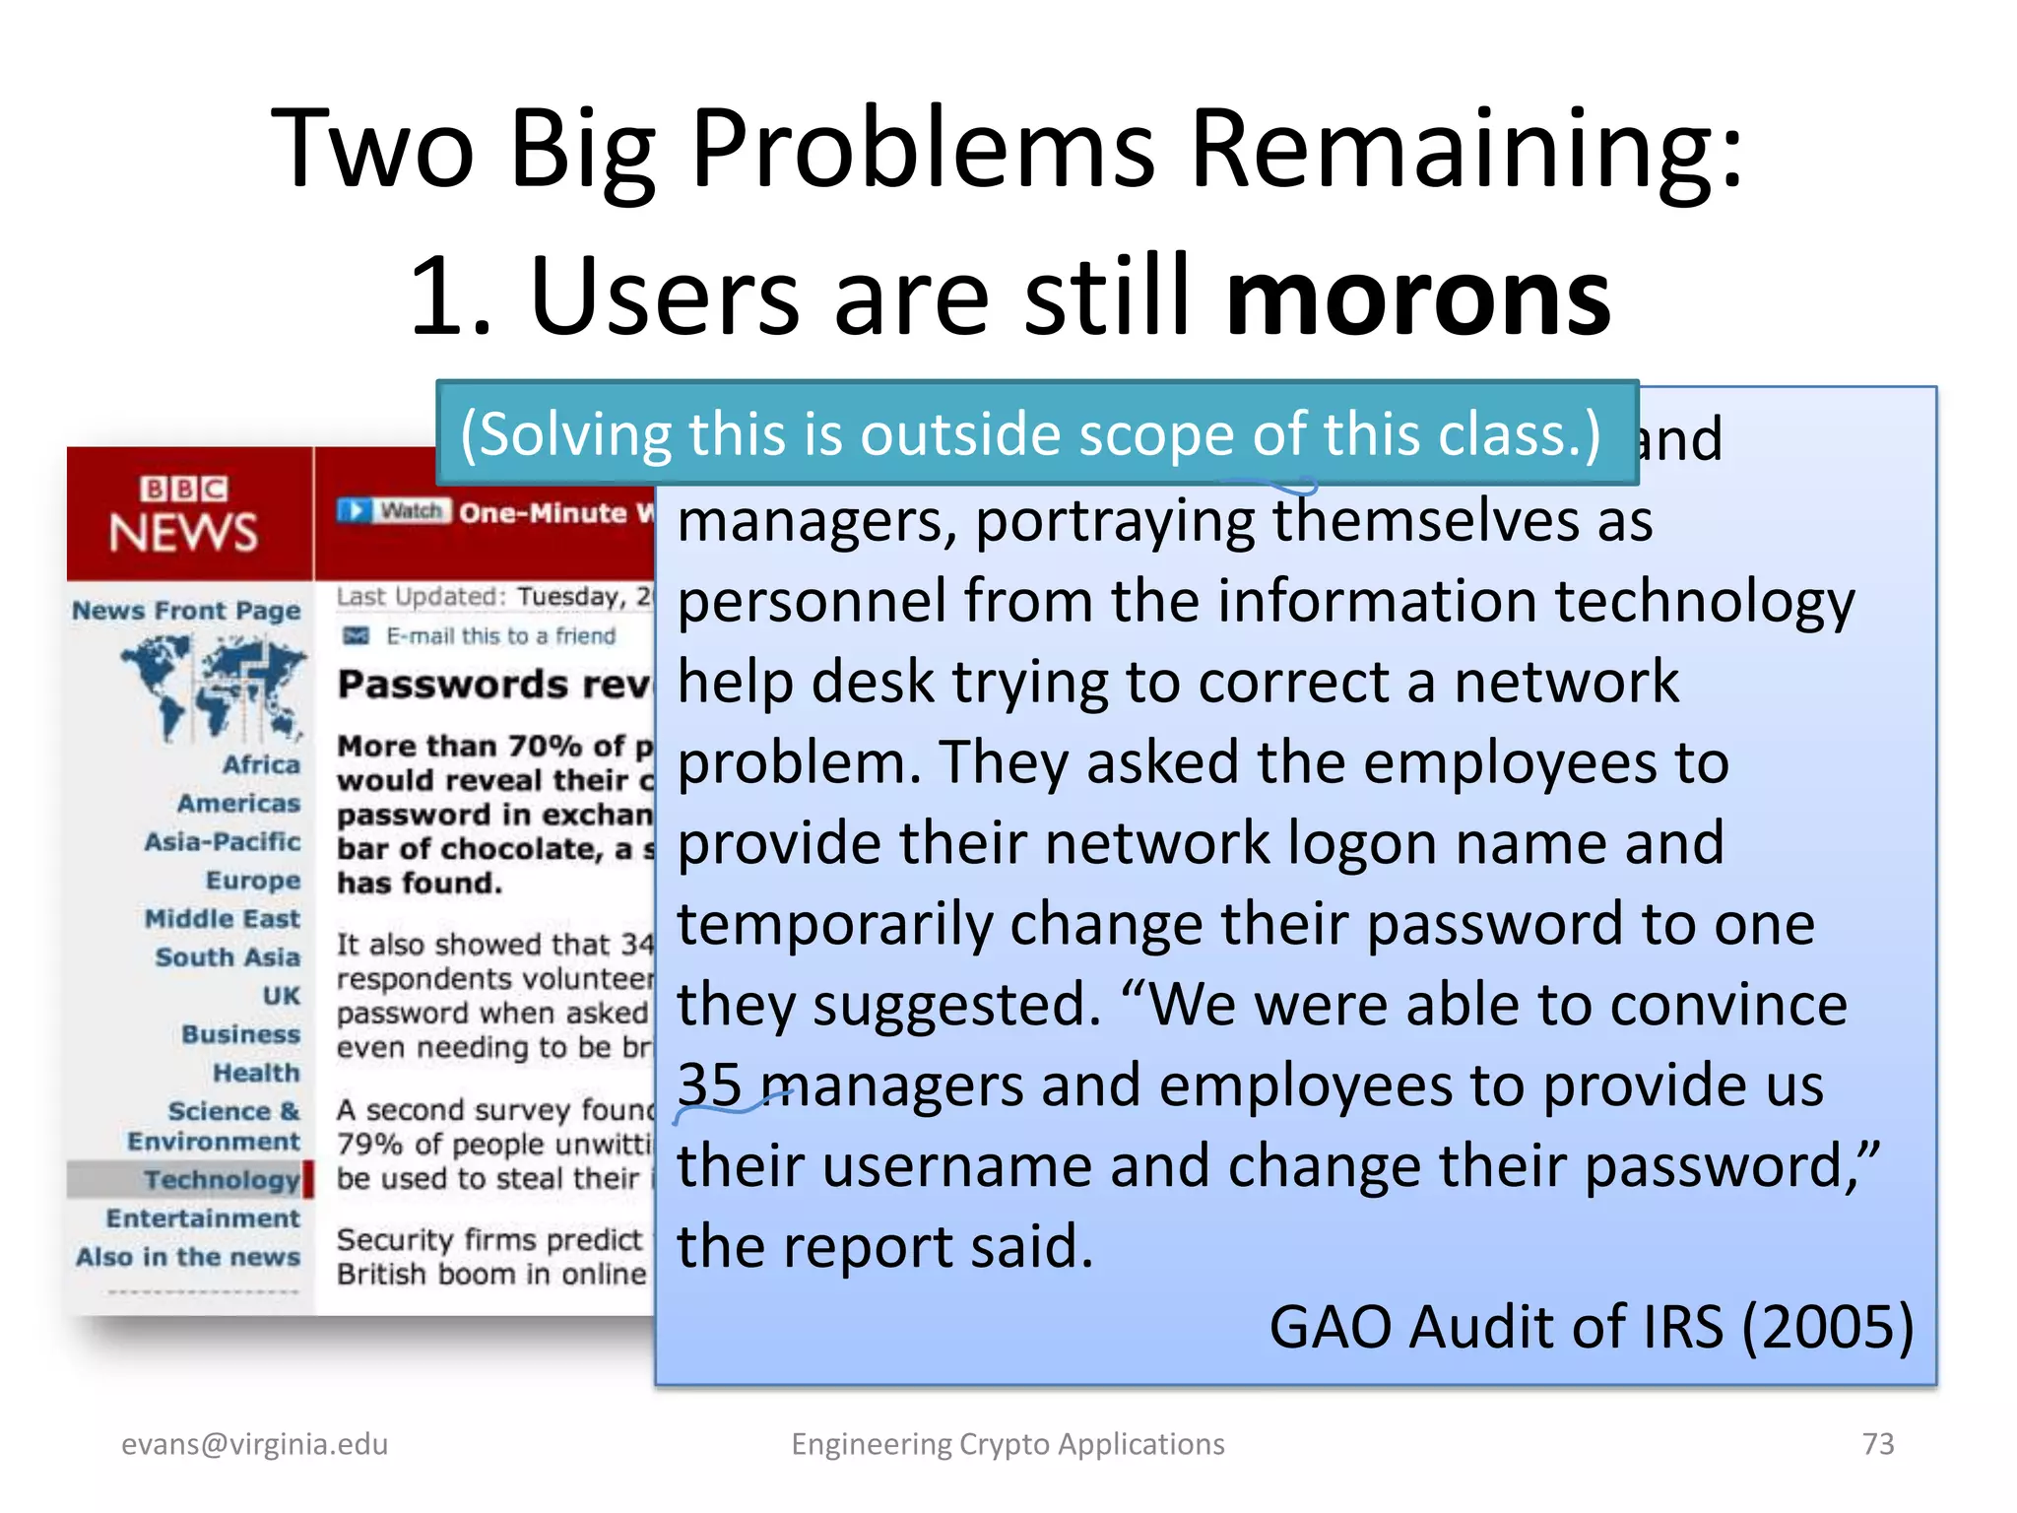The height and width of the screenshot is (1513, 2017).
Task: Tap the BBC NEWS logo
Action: click(184, 515)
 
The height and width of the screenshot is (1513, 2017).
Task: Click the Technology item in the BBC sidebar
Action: click(222, 1179)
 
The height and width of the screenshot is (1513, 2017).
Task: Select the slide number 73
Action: click(1877, 1443)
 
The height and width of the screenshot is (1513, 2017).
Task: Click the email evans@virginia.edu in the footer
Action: click(254, 1444)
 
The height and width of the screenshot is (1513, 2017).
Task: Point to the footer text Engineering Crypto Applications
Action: click(1008, 1444)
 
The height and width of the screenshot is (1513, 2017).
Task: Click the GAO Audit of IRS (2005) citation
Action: click(1591, 1326)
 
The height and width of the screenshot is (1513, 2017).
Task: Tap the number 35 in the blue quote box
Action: click(709, 1085)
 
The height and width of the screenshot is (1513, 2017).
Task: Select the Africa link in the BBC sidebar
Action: click(261, 764)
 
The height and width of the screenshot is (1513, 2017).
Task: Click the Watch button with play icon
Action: click(394, 510)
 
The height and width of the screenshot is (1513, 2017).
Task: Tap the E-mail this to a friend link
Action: click(500, 636)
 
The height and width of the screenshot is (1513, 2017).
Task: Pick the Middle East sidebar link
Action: click(223, 919)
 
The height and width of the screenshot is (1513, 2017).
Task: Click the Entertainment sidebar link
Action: click(203, 1218)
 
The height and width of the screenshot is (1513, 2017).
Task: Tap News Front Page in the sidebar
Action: click(186, 611)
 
